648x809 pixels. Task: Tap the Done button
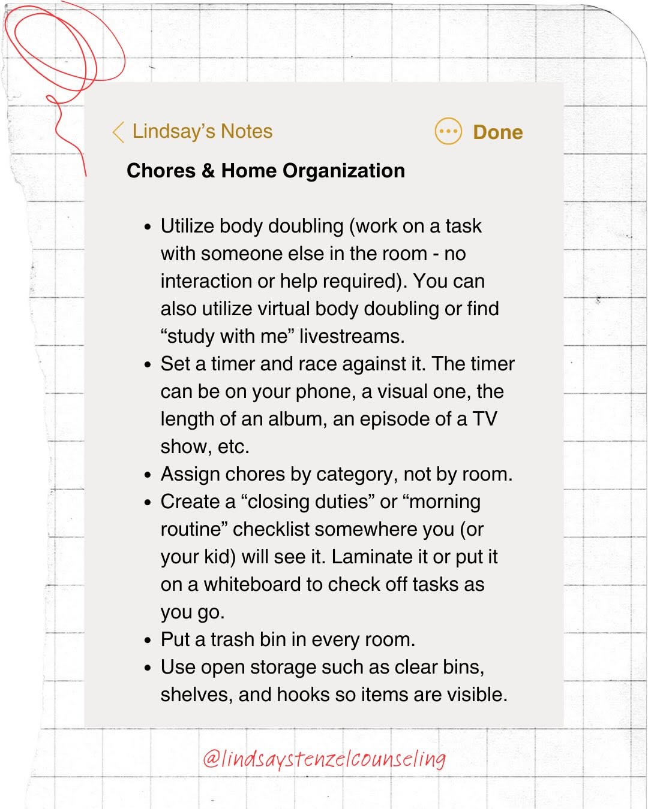click(497, 132)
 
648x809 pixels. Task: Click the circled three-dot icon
click(448, 131)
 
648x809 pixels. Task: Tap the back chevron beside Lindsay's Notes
click(118, 132)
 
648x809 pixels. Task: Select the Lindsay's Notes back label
click(202, 131)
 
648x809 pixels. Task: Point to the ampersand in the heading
click(208, 171)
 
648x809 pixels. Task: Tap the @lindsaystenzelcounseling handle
click(324, 759)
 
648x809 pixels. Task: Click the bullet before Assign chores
click(148, 475)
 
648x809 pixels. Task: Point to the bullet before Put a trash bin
click(148, 641)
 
